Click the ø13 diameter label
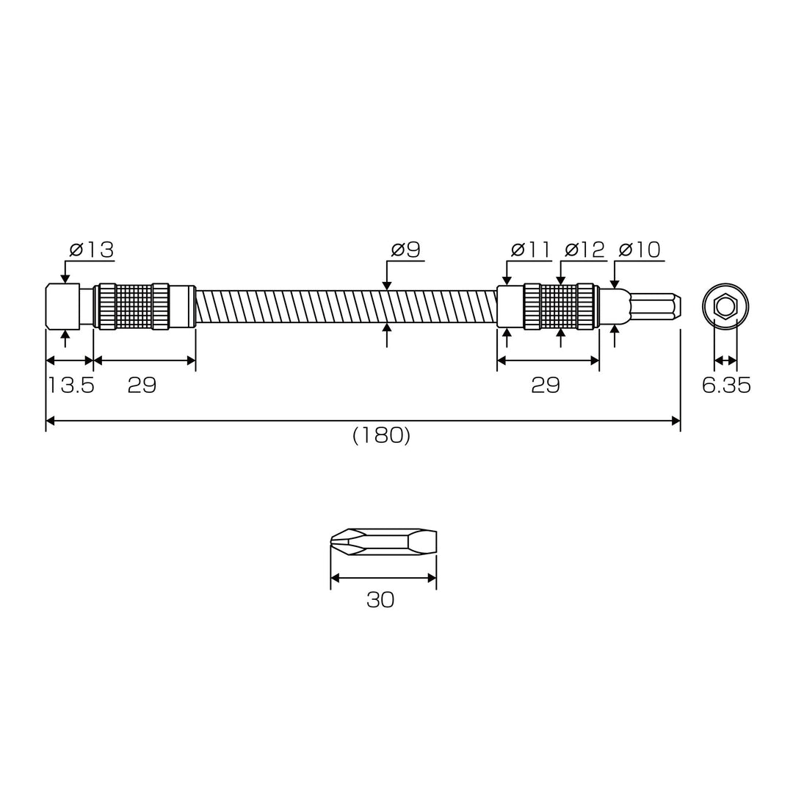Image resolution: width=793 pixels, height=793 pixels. tap(92, 250)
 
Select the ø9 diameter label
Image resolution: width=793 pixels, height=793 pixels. tap(405, 250)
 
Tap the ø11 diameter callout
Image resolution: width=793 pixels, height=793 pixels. tap(530, 250)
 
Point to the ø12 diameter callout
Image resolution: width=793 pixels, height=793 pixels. tap(584, 250)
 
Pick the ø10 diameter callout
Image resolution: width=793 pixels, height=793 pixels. tap(640, 250)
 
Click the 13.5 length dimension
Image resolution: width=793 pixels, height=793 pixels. tap(70, 385)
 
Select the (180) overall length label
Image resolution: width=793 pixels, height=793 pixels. tap(381, 435)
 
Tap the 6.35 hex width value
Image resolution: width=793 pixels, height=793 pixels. tap(726, 385)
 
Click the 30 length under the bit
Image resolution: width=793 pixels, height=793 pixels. tap(380, 600)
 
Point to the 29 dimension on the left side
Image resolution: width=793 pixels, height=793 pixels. tap(142, 385)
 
